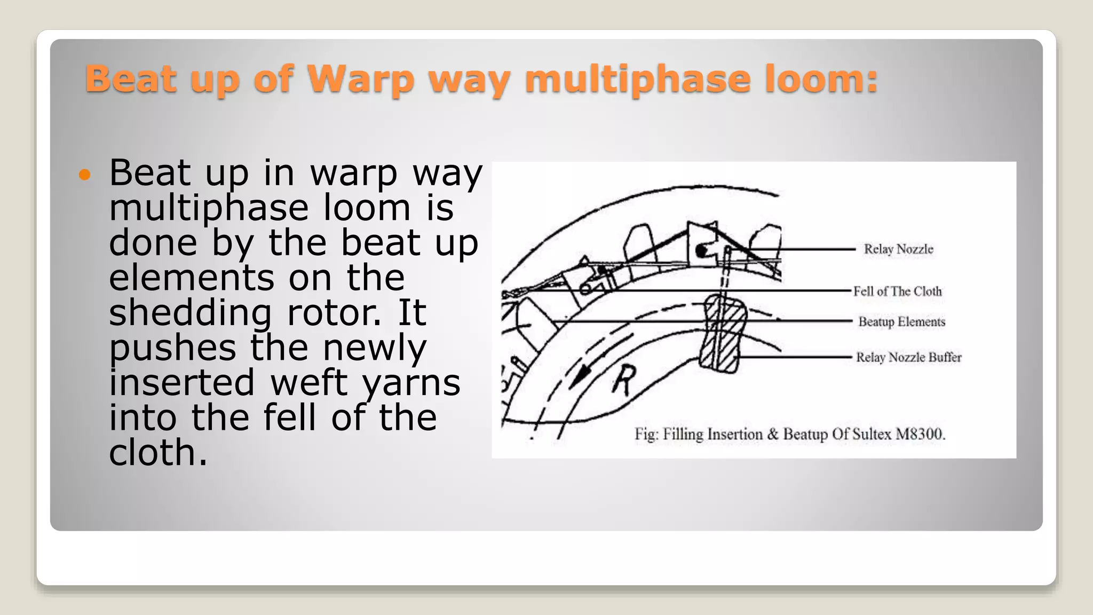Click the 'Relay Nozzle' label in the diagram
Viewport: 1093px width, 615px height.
pyautogui.click(x=898, y=249)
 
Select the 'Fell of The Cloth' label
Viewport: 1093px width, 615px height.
pyautogui.click(x=897, y=291)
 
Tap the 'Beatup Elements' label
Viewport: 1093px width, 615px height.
pyautogui.click(x=901, y=322)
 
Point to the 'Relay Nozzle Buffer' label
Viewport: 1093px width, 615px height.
pyautogui.click(x=908, y=357)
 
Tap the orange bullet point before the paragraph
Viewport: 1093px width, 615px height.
pyautogui.click(x=85, y=175)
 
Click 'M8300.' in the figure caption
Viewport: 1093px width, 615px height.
pyautogui.click(x=920, y=434)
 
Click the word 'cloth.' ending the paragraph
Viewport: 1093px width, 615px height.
pyautogui.click(x=158, y=453)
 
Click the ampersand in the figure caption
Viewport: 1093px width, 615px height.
pyautogui.click(x=773, y=434)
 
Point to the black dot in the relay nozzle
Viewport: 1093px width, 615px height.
pyautogui.click(x=701, y=250)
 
